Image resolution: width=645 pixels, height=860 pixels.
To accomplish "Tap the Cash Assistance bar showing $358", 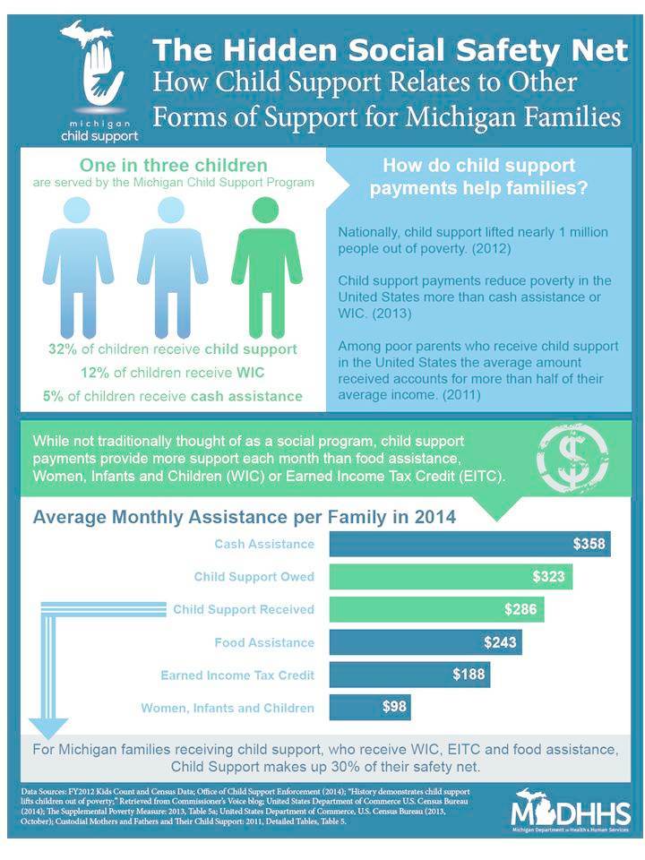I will [x=469, y=544].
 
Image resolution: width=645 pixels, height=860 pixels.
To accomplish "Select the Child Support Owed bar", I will [x=451, y=576].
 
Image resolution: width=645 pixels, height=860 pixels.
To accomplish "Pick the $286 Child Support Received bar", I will [x=436, y=609].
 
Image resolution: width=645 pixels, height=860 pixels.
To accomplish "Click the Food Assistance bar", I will [x=426, y=642].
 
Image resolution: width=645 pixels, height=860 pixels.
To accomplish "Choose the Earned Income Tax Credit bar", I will [x=409, y=675].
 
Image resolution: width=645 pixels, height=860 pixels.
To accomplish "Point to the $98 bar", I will [x=370, y=707].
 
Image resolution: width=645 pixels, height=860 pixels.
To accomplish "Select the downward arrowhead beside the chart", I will [x=48, y=727].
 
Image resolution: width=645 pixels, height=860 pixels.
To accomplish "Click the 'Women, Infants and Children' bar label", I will [x=228, y=708].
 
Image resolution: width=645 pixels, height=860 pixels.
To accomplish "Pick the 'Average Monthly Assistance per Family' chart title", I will [x=244, y=517].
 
